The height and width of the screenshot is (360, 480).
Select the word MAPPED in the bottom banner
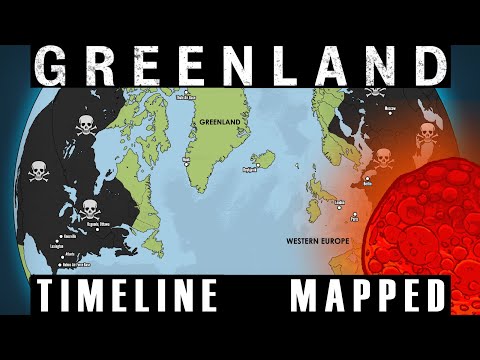(x=368, y=297)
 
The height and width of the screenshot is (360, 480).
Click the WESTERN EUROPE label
(x=317, y=241)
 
